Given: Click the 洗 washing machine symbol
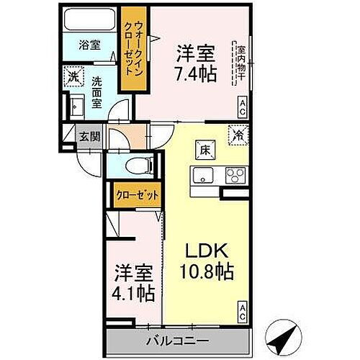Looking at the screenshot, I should pyautogui.click(x=73, y=74).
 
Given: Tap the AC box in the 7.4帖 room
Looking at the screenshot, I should pyautogui.click(x=242, y=107).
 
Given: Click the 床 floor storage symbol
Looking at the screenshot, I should pyautogui.click(x=204, y=150).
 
